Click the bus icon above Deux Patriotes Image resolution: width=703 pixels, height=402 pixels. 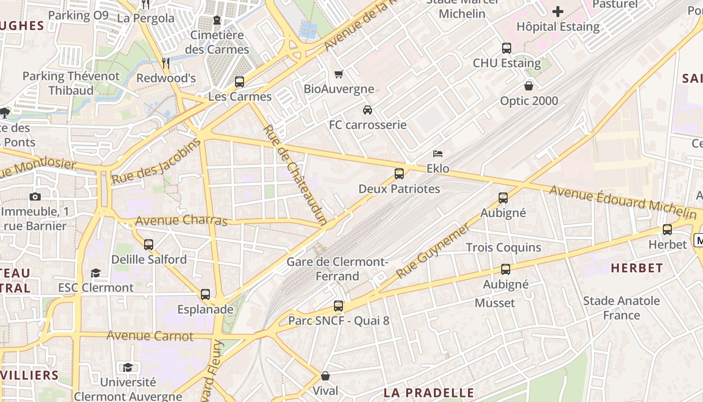pyautogui.click(x=399, y=174)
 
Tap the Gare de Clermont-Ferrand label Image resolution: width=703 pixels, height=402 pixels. pyautogui.click(x=337, y=269)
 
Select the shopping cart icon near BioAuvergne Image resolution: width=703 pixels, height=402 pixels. pyautogui.click(x=339, y=74)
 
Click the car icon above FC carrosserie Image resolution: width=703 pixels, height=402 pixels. pyautogui.click(x=368, y=110)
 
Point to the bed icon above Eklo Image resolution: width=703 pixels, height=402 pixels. pyautogui.click(x=438, y=154)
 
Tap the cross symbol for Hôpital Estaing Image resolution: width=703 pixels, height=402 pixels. pyautogui.click(x=558, y=11)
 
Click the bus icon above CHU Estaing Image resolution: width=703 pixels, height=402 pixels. pyautogui.click(x=507, y=48)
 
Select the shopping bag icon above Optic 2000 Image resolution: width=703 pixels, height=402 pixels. pyautogui.click(x=529, y=86)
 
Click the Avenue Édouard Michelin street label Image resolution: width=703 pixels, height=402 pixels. pyautogui.click(x=623, y=203)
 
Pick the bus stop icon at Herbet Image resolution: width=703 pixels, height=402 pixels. pyautogui.click(x=667, y=230)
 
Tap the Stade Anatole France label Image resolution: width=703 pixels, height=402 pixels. pyautogui.click(x=622, y=308)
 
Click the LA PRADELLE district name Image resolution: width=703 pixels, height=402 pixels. pyautogui.click(x=429, y=392)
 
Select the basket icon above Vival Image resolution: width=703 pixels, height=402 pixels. pyautogui.click(x=325, y=376)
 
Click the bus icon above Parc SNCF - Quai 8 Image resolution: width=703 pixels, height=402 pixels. pyautogui.click(x=338, y=306)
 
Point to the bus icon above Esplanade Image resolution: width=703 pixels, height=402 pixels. pyautogui.click(x=205, y=294)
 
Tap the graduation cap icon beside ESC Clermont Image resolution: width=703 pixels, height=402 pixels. pyautogui.click(x=95, y=273)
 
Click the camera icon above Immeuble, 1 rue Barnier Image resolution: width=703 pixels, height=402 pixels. pyautogui.click(x=35, y=196)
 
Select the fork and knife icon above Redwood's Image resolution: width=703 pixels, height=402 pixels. pyautogui.click(x=166, y=63)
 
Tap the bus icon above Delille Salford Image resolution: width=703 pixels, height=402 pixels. pyautogui.click(x=149, y=245)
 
